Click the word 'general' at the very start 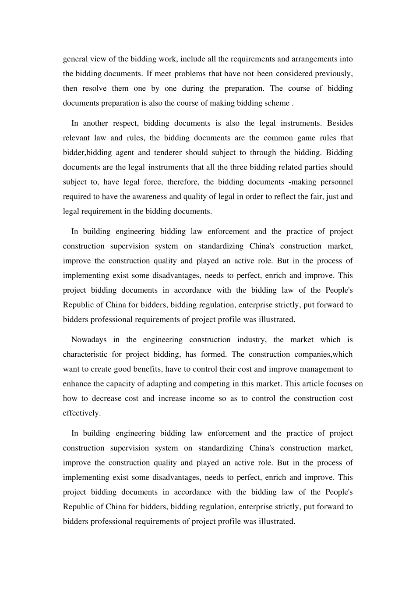pos(76,59)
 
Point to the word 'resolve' pos(94,89)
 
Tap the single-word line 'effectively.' pos(82,413)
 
